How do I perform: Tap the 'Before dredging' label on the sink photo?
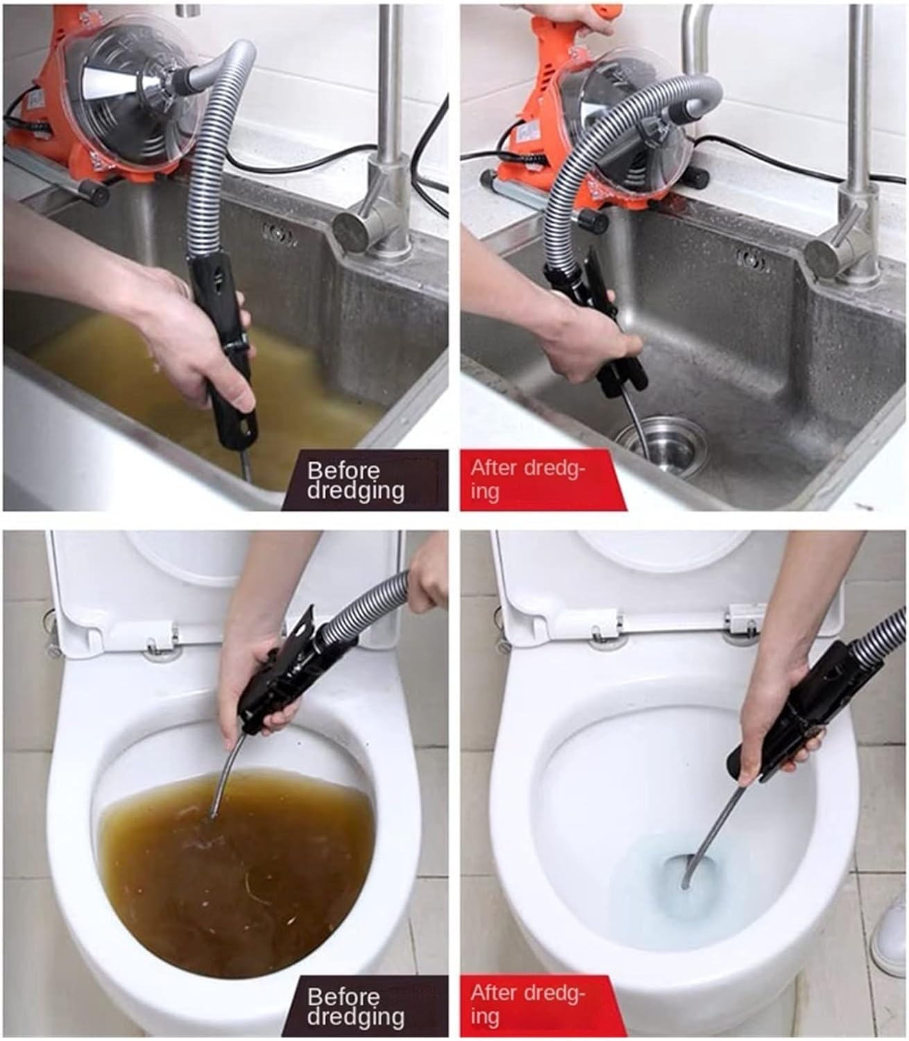[x=355, y=480]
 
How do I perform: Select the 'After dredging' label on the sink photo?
[x=527, y=479]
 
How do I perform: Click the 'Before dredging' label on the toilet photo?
[x=355, y=1006]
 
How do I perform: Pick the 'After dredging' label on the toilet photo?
[x=527, y=1005]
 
